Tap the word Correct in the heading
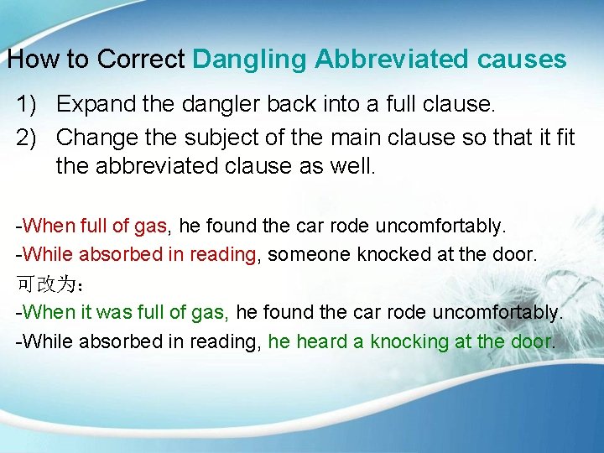click(x=140, y=60)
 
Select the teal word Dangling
click(x=250, y=60)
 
